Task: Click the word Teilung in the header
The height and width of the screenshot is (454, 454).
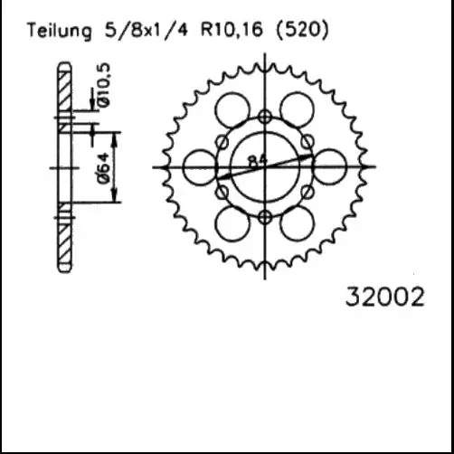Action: (59, 31)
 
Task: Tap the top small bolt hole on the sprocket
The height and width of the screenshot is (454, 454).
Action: (264, 116)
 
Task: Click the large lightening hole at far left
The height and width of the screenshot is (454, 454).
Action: (200, 166)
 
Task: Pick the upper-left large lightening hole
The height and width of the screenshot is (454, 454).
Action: (232, 110)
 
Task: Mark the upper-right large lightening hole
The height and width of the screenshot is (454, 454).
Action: (297, 110)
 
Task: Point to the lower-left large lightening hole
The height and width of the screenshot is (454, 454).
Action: (232, 222)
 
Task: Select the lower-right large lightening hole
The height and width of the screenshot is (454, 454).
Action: (297, 222)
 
